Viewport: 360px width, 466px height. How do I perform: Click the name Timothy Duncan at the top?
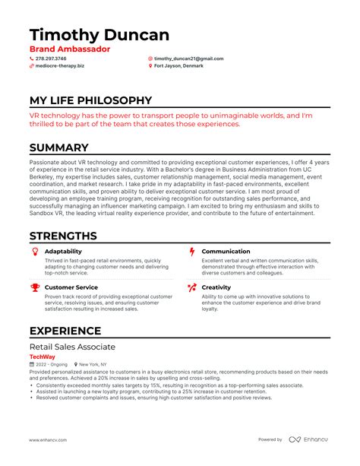pos(99,35)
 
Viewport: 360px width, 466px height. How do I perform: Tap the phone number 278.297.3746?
pos(50,59)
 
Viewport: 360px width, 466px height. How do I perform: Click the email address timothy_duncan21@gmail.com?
pos(188,59)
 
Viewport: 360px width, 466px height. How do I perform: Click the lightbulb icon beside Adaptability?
pos(35,251)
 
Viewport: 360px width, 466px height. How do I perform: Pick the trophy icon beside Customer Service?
pos(35,287)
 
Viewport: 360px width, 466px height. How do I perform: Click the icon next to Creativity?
pos(192,287)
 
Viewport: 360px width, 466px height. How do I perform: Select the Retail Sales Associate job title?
pos(73,347)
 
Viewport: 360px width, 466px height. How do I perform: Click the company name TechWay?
pos(42,356)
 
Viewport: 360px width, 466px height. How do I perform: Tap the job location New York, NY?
pos(95,364)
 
